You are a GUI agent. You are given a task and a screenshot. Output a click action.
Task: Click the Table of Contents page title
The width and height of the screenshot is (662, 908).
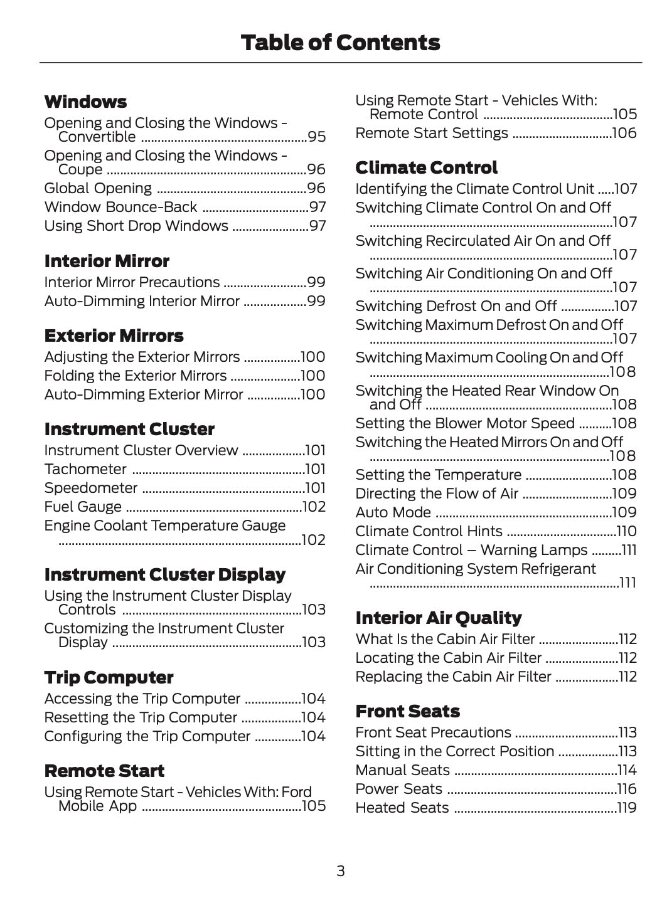(x=340, y=43)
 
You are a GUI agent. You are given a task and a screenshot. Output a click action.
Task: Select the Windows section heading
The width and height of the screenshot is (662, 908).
(x=85, y=102)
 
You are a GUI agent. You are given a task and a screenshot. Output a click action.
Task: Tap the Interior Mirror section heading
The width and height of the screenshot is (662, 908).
(x=107, y=261)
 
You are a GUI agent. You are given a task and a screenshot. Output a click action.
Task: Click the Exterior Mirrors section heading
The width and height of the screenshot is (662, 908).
(x=114, y=335)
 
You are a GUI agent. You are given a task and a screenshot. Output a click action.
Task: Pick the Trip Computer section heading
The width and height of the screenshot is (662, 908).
(x=109, y=677)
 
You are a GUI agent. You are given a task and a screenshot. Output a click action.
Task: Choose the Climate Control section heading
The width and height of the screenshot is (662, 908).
(x=426, y=167)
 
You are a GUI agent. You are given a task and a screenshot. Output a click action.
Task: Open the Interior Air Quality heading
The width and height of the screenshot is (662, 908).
(x=438, y=618)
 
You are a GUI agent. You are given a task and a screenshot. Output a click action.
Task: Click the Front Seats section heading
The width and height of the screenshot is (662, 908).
(x=407, y=711)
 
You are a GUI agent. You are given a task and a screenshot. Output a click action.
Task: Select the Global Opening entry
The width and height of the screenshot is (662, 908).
(x=98, y=188)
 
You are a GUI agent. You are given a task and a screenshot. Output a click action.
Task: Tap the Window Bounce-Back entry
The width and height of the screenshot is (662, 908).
(x=120, y=207)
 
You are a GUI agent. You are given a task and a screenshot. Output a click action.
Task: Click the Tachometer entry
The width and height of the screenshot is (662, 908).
(x=85, y=469)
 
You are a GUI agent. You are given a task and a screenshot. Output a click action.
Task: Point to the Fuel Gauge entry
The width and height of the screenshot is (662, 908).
(x=83, y=507)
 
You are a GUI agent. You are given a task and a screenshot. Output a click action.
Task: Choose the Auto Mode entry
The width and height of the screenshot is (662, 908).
(x=393, y=512)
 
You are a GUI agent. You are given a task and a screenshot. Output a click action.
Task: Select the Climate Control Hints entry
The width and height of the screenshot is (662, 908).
(x=429, y=531)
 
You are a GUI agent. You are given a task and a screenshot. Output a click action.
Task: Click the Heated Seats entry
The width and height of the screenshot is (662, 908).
(x=402, y=808)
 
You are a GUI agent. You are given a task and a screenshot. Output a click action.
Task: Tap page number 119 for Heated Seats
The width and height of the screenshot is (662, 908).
(x=626, y=808)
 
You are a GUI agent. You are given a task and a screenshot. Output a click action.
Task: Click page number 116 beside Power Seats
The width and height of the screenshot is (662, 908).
(x=626, y=789)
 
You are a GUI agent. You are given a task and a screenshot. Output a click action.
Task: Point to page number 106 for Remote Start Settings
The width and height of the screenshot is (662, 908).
(x=624, y=133)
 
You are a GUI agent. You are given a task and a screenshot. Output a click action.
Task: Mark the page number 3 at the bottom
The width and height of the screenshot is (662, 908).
(x=340, y=870)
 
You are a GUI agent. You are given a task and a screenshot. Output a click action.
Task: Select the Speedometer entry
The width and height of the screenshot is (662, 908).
(x=90, y=488)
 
